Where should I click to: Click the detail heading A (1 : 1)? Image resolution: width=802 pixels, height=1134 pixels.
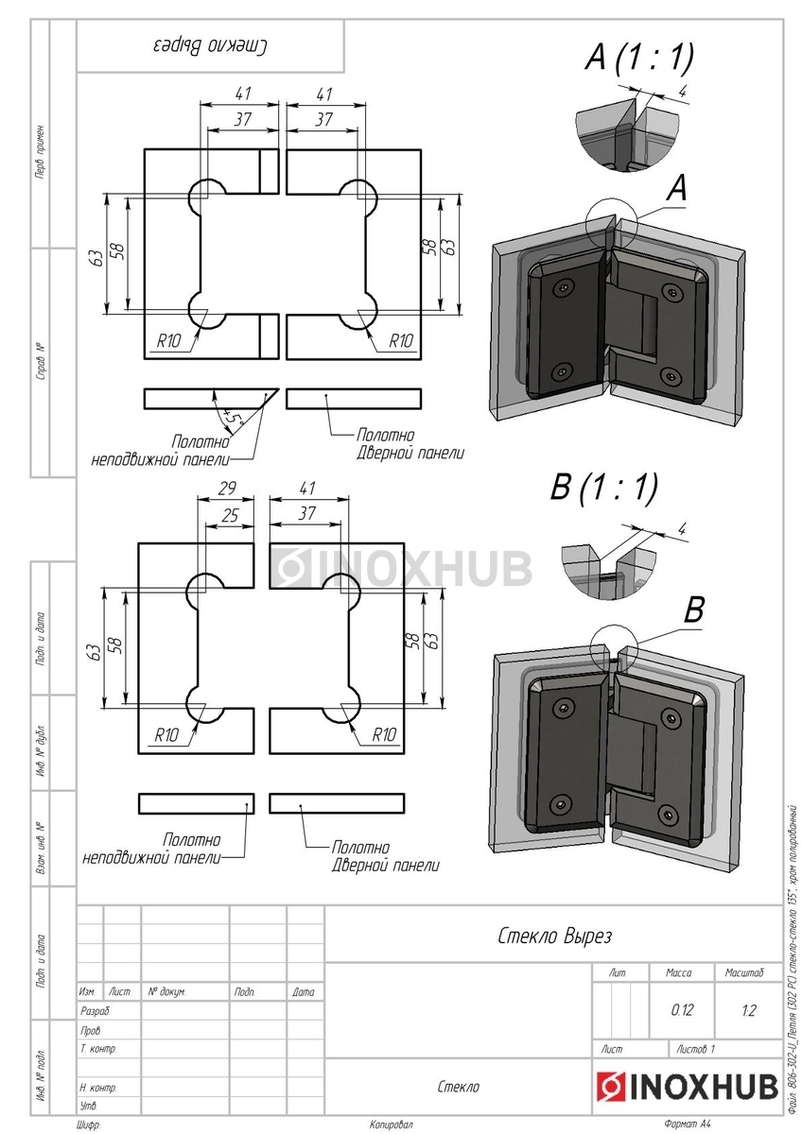[639, 59]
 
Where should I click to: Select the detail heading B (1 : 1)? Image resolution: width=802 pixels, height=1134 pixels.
[604, 488]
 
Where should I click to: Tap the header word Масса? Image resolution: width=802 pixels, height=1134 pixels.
[679, 972]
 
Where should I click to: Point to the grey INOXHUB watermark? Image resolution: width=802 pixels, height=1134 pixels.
[403, 567]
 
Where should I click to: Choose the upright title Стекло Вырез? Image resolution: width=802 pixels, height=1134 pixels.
[555, 936]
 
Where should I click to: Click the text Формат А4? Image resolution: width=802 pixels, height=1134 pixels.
[687, 1125]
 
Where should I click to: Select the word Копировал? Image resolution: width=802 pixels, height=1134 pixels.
[392, 1125]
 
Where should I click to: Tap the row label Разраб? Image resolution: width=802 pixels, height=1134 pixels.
[96, 1011]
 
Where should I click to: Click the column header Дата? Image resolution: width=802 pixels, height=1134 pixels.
[304, 992]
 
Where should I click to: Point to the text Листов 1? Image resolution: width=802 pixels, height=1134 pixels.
[696, 1049]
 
